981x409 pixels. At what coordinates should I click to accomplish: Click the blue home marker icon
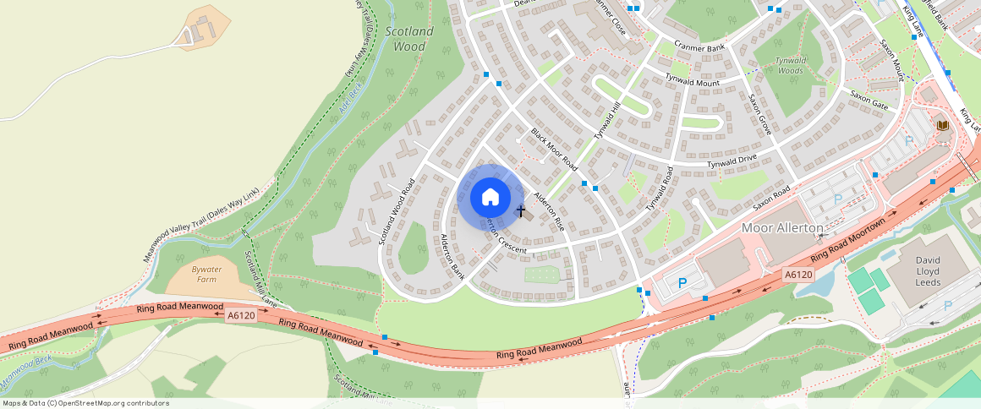(490, 198)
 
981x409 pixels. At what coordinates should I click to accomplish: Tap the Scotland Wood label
(409, 39)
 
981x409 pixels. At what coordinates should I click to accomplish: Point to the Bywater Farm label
(206, 274)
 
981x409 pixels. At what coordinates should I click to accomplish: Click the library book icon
(942, 126)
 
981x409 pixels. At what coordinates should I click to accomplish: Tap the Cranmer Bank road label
(699, 47)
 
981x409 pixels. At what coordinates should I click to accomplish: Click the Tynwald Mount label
(692, 82)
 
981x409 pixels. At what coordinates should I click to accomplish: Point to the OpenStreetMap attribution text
(85, 403)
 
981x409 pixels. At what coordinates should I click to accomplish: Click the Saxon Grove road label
(759, 114)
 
